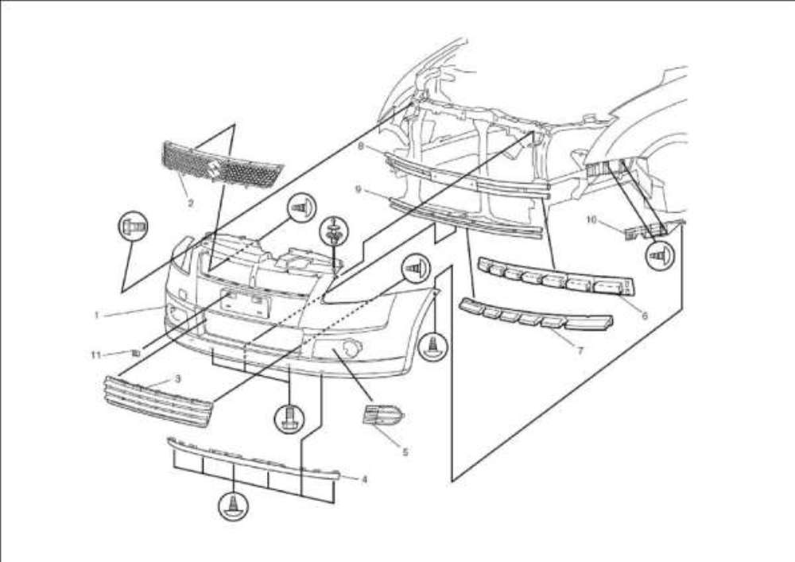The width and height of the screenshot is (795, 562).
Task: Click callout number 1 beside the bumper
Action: tap(96, 315)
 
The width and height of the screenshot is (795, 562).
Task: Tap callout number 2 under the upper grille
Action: tap(191, 203)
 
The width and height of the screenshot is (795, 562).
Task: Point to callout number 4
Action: tap(364, 479)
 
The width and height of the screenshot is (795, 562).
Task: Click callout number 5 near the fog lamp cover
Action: tap(405, 452)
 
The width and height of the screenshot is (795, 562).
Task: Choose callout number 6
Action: tap(644, 316)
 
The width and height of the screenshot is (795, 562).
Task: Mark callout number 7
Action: tap(580, 350)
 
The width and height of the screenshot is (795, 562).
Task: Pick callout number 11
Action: tap(96, 355)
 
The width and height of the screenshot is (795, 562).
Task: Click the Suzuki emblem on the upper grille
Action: tap(213, 169)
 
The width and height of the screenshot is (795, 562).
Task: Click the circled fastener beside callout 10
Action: tap(659, 256)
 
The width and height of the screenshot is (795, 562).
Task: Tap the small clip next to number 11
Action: tap(136, 351)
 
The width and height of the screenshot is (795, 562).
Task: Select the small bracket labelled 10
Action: tap(642, 231)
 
